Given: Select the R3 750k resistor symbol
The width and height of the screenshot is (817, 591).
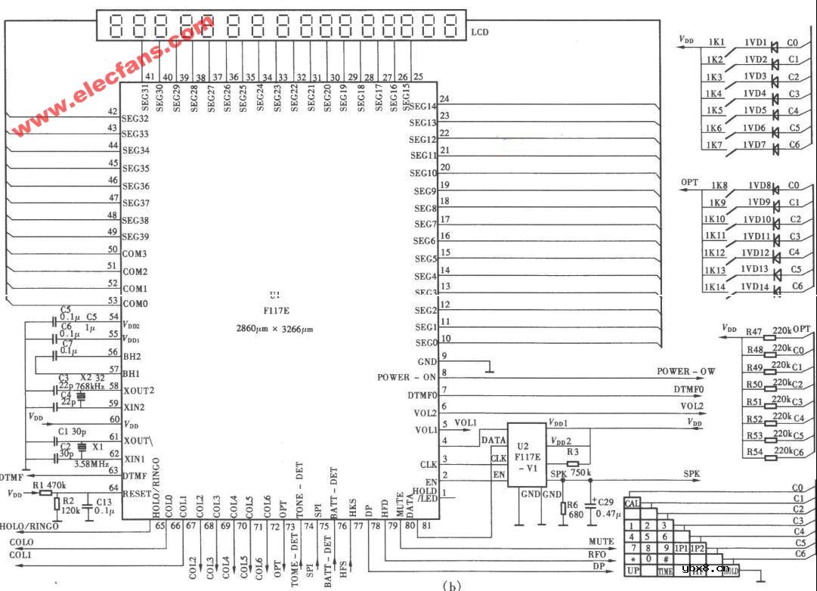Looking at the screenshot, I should click(572, 463).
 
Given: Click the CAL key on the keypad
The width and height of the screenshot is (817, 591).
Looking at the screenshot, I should click(633, 503).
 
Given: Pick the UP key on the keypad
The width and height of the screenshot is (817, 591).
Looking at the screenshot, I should click(633, 571).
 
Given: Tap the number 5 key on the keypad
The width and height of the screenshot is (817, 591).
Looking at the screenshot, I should click(649, 537).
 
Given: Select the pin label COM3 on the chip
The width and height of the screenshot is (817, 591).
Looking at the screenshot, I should click(135, 254).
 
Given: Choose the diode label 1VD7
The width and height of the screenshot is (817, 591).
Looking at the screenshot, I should click(756, 145).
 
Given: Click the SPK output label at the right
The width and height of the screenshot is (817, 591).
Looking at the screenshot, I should click(692, 473).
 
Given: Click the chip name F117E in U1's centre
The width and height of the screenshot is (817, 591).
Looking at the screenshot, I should click(274, 311).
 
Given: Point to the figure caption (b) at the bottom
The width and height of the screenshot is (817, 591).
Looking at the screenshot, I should click(451, 584).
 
